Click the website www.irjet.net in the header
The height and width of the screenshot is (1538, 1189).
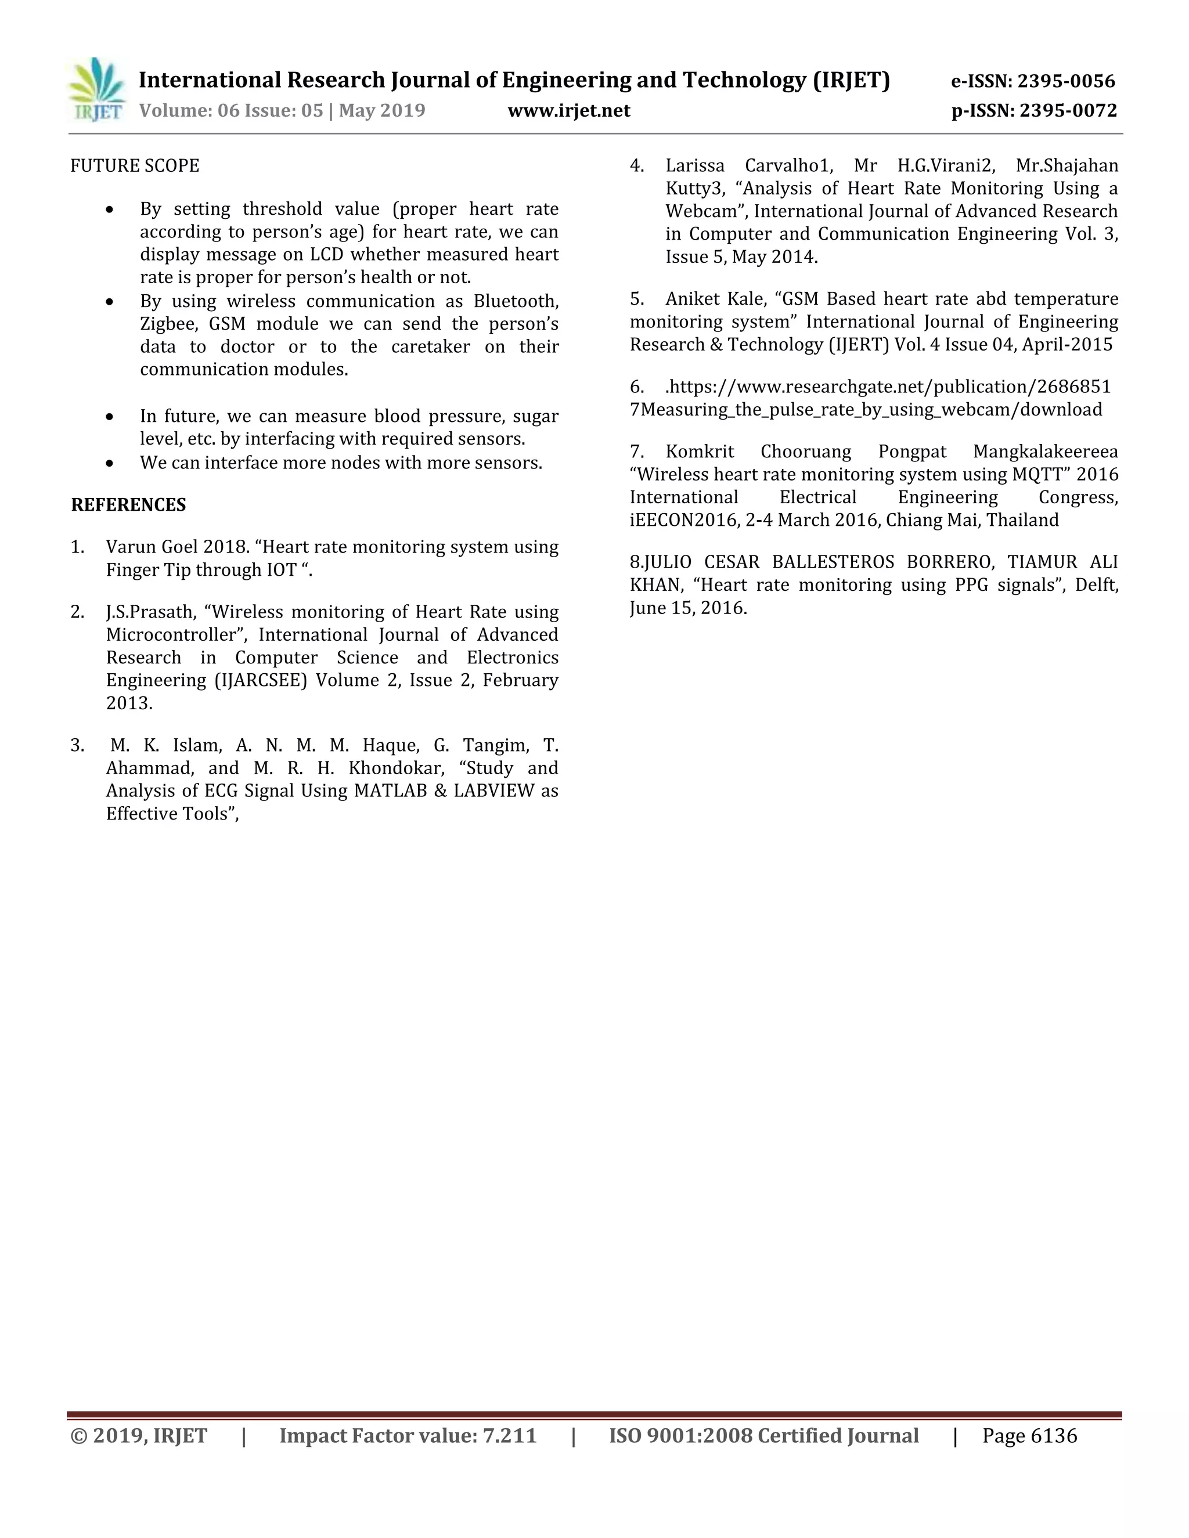568,110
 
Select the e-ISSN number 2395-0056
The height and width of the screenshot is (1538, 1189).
1066,82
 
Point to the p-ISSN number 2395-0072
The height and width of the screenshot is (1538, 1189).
1068,110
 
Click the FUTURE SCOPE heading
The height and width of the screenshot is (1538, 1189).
135,166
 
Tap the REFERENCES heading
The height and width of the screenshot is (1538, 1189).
128,505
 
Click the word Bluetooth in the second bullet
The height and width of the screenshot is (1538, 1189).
516,301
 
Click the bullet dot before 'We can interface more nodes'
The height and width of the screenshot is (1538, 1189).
109,463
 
